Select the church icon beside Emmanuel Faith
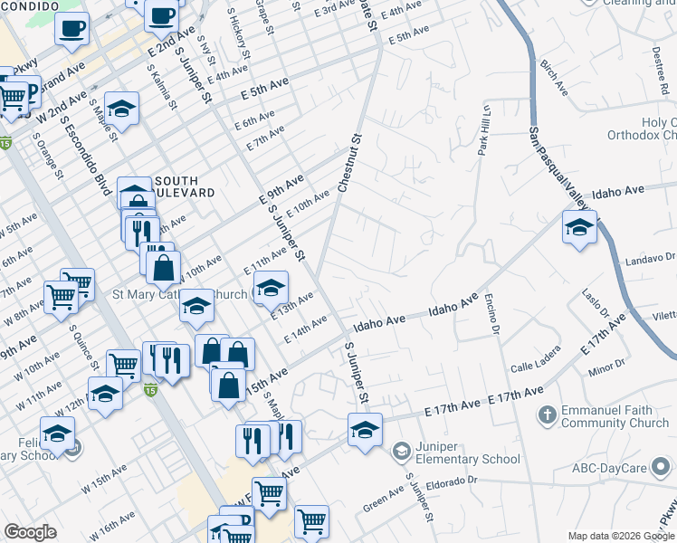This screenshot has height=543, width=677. pyautogui.click(x=547, y=415)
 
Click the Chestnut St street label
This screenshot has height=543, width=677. pyautogui.click(x=349, y=164)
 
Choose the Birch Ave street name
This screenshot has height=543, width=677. pyautogui.click(x=552, y=79)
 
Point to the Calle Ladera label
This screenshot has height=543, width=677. pyautogui.click(x=534, y=367)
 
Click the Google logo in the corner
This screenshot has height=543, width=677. pyautogui.click(x=30, y=532)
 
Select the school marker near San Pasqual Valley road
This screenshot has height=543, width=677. pyautogui.click(x=579, y=227)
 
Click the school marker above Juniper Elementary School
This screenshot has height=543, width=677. pyautogui.click(x=365, y=428)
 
